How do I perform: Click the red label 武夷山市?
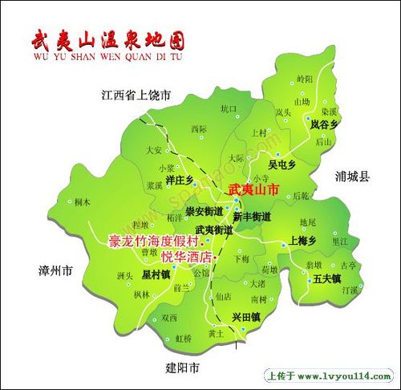253,190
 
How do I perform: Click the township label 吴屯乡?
282,165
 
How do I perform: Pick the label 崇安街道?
204,212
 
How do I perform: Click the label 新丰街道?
252,217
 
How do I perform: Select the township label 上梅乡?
303,241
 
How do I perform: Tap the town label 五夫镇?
327,278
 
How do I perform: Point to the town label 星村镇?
156,274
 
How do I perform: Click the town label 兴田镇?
246,318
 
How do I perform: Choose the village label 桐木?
82,202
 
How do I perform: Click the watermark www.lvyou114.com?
329,376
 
